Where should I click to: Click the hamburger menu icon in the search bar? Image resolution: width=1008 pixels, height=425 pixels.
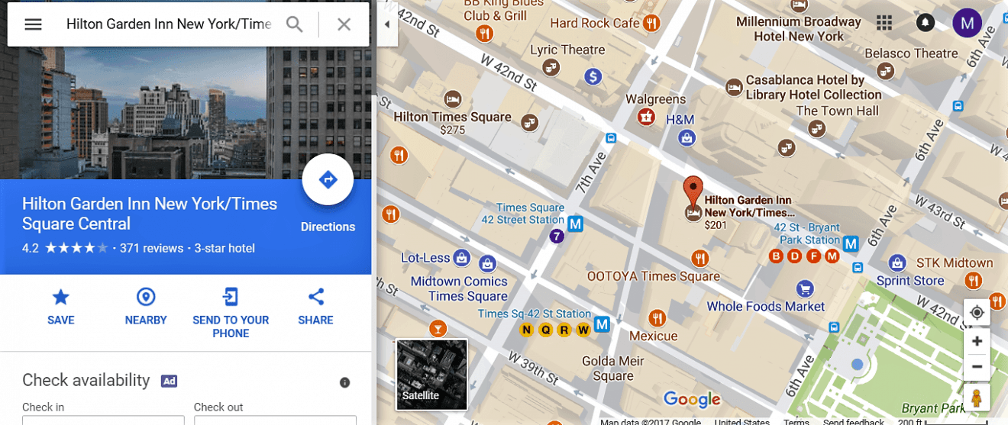tap(33, 24)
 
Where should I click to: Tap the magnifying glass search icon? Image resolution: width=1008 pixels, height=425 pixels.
tap(295, 24)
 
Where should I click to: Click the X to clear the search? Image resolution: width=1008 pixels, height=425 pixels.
tap(344, 24)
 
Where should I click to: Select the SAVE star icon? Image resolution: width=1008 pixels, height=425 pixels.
tap(60, 298)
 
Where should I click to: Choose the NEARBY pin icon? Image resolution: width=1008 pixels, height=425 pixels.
tap(146, 298)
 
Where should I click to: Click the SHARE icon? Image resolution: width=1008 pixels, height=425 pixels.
tap(316, 298)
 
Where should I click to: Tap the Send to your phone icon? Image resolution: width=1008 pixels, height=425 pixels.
tap(231, 298)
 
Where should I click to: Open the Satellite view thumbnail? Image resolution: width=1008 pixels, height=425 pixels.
tap(431, 374)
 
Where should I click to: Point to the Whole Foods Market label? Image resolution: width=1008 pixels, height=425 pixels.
tap(766, 307)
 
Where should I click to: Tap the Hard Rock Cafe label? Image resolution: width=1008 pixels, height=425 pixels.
tap(595, 23)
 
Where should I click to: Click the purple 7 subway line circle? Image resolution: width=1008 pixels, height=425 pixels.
tap(557, 237)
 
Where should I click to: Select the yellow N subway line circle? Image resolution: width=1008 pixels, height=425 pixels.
tap(526, 330)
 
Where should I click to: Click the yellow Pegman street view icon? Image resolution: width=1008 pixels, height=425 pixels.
tap(977, 398)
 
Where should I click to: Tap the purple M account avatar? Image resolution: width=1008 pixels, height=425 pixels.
tap(967, 23)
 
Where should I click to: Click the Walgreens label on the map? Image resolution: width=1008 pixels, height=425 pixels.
tap(656, 99)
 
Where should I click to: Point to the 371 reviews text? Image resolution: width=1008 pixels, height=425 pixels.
tap(152, 248)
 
